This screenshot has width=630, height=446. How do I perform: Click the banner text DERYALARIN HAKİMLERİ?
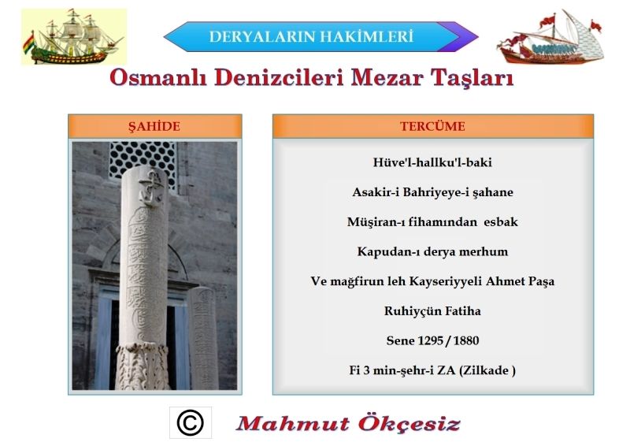pos(311,36)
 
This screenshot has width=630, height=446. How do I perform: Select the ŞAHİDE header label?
pos(154,126)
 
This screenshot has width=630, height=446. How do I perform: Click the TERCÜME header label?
pos(432,126)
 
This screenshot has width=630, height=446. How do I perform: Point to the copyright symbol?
pos(190,422)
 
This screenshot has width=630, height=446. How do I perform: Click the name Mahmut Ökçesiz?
pos(348,423)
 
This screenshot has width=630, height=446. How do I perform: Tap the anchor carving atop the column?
pos(150,187)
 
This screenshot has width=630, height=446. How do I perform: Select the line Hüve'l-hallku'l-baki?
pos(432,162)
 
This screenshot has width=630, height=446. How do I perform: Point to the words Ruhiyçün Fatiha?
pos(432,311)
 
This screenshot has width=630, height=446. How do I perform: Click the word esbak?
pos(501,222)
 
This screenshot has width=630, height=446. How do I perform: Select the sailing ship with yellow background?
pos(74,36)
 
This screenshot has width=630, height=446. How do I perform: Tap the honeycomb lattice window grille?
pos(143,160)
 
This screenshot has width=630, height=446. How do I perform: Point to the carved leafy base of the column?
pos(143,366)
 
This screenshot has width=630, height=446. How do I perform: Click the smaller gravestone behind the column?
pos(203,338)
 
